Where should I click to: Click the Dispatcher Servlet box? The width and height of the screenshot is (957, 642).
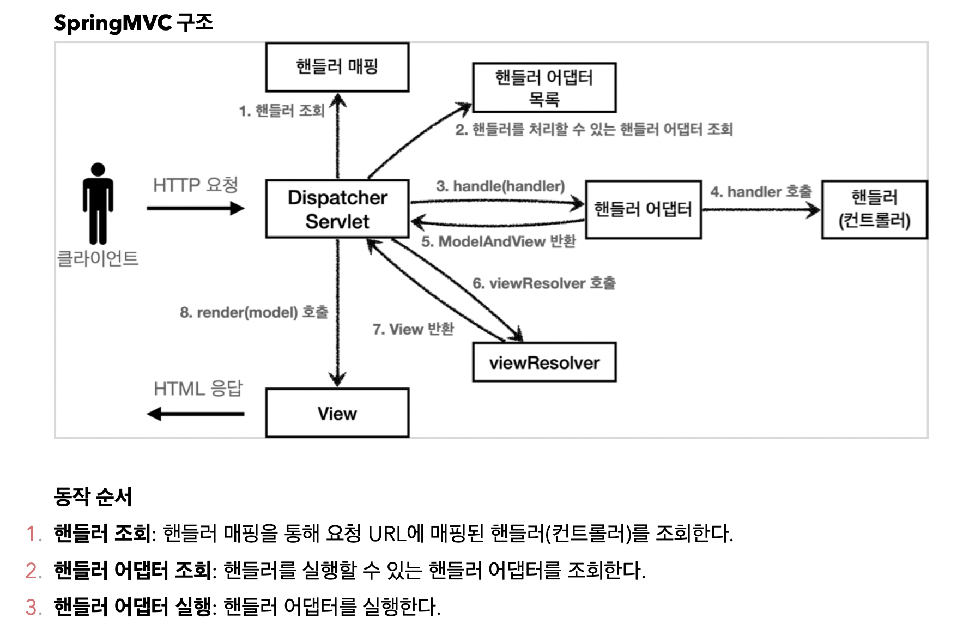(337, 209)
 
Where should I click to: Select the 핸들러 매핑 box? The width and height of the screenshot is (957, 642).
(337, 67)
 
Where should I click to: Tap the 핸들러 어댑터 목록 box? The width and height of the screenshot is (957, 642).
(544, 88)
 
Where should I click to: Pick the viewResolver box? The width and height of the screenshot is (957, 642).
(544, 362)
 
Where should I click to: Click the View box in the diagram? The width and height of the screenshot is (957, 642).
(337, 413)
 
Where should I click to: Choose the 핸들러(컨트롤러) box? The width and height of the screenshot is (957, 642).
(874, 209)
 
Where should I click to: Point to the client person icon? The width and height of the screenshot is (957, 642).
(98, 203)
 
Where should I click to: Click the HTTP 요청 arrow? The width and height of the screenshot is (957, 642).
(195, 208)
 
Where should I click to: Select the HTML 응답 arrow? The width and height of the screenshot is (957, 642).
(195, 414)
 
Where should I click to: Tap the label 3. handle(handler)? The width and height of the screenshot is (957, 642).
(500, 186)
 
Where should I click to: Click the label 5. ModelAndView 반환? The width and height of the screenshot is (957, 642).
(498, 241)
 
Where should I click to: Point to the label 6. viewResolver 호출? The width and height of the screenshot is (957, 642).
(544, 283)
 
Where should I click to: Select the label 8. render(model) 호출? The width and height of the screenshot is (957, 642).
(254, 312)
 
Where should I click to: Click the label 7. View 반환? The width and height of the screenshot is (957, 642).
(413, 329)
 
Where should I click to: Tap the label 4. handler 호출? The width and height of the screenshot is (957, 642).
(761, 192)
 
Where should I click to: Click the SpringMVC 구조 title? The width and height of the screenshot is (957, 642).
(134, 23)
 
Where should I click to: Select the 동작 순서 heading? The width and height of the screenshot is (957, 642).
(93, 496)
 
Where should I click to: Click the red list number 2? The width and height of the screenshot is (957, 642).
(33, 571)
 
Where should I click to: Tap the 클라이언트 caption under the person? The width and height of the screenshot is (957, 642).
(98, 258)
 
